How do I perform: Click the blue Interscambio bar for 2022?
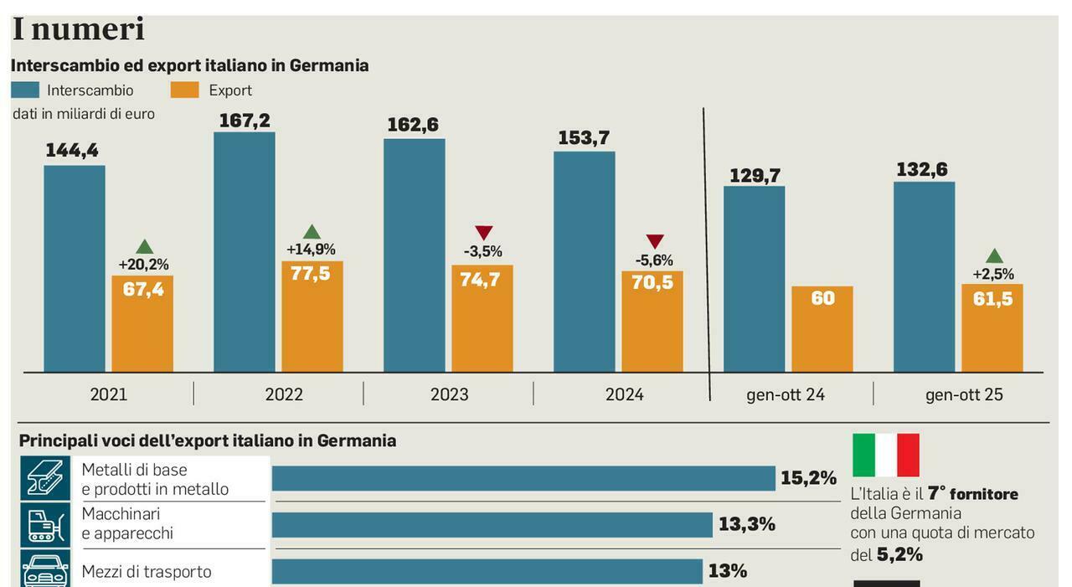(245, 251)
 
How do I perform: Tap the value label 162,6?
(413, 125)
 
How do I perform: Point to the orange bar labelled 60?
(822, 329)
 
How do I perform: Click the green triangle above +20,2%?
(145, 247)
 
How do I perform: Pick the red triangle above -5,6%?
(655, 241)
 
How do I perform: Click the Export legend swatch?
(184, 90)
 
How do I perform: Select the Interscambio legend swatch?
(25, 90)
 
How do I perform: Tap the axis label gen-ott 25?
(964, 394)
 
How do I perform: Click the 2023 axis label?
(450, 394)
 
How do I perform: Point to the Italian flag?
(885, 455)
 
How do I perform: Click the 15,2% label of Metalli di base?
(808, 478)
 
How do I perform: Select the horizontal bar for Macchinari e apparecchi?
(492, 525)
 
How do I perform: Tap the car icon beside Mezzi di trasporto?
(45, 571)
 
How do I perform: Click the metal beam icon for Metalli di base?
(45, 478)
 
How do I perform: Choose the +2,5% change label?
(993, 274)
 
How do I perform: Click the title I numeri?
(78, 29)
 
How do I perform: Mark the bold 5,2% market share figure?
(899, 554)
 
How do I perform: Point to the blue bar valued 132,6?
(924, 276)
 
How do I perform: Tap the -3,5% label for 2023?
(483, 250)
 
